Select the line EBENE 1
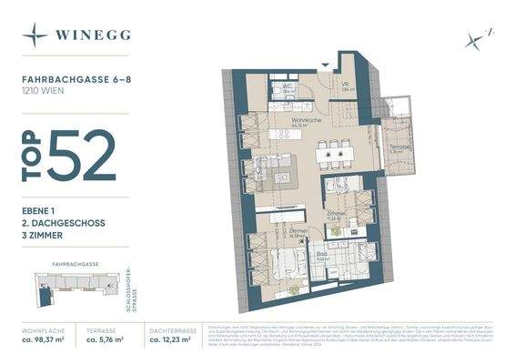point(41,210)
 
